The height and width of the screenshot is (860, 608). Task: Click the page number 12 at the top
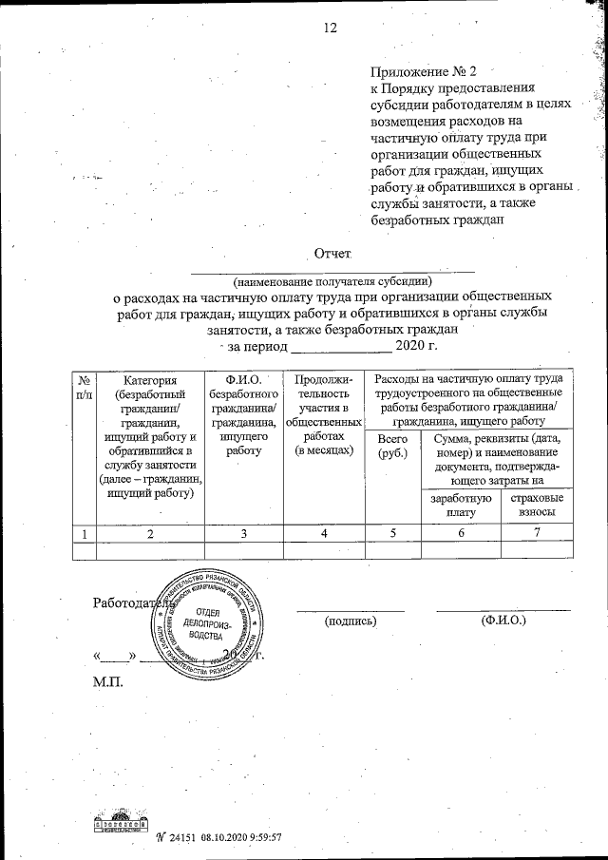pos(330,28)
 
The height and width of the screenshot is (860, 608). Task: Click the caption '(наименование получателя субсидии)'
pos(332,281)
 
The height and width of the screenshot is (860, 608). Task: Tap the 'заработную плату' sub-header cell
pos(460,506)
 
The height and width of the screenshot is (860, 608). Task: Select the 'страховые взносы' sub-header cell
pos(537,506)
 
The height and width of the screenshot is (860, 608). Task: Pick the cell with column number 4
pos(324,533)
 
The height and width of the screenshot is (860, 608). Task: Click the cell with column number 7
pos(537,533)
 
